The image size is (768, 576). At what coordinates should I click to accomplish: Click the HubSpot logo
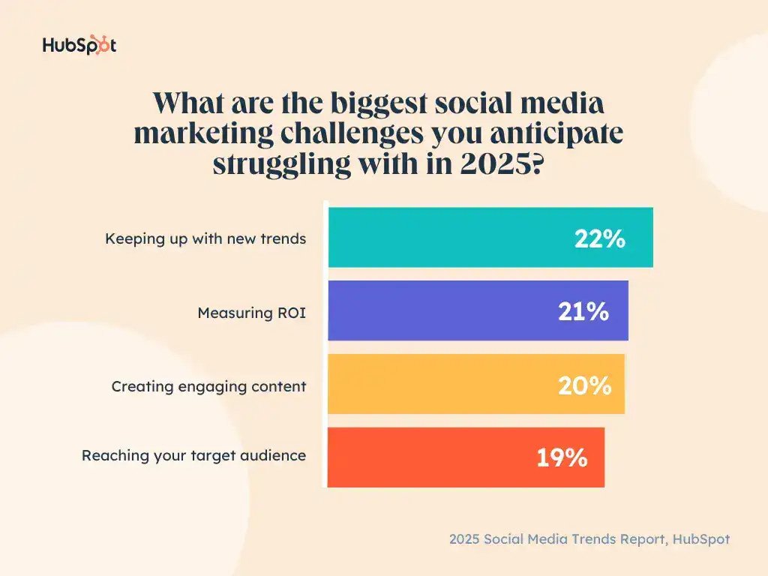(79, 45)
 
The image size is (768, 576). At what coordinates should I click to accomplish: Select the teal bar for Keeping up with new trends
(450, 238)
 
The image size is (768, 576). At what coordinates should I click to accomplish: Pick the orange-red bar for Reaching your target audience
(427, 457)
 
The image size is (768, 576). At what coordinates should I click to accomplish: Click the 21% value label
(583, 312)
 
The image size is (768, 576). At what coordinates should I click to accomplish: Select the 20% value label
(584, 385)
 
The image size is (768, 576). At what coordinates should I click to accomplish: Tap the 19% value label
(561, 457)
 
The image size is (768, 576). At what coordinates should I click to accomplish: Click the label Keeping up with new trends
(205, 239)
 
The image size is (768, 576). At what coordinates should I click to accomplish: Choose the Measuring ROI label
(251, 313)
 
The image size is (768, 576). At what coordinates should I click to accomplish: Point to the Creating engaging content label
(208, 386)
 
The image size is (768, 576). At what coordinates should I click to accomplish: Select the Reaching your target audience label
(193, 455)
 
